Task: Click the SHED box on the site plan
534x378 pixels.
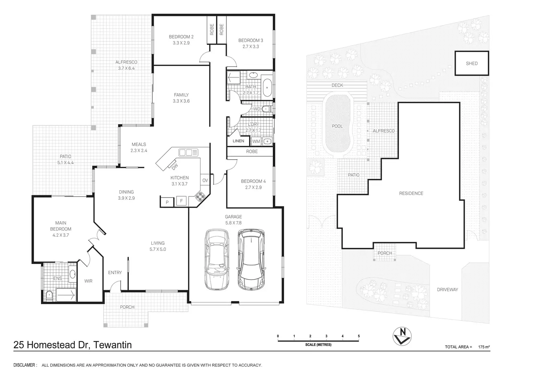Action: [472, 63]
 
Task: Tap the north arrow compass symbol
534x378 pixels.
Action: [402, 336]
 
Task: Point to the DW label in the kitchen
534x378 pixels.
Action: [174, 166]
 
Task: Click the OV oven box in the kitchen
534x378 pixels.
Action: [205, 180]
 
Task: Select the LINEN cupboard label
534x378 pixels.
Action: [238, 141]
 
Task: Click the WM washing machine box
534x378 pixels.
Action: [256, 141]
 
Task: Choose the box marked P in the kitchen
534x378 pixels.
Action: [167, 202]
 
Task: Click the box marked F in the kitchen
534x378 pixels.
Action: [181, 201]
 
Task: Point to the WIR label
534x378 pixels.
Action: [88, 281]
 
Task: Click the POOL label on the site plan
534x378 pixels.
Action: [337, 126]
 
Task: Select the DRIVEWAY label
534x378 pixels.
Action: [447, 289]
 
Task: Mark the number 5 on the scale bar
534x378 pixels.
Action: [359, 336]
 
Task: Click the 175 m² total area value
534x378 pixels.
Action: [484, 347]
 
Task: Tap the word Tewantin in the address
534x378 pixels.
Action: [112, 345]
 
